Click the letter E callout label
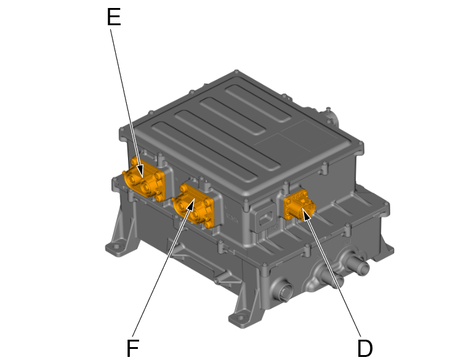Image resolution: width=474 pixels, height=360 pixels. (x=114, y=17)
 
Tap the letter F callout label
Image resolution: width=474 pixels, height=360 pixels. (x=132, y=348)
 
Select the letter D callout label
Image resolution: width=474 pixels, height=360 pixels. (x=365, y=348)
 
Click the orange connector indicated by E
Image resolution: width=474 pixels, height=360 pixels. (x=144, y=180)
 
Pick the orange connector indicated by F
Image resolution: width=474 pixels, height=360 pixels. (x=193, y=206)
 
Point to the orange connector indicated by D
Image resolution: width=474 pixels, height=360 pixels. (x=299, y=205)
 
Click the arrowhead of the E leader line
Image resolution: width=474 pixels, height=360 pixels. (x=140, y=171)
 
